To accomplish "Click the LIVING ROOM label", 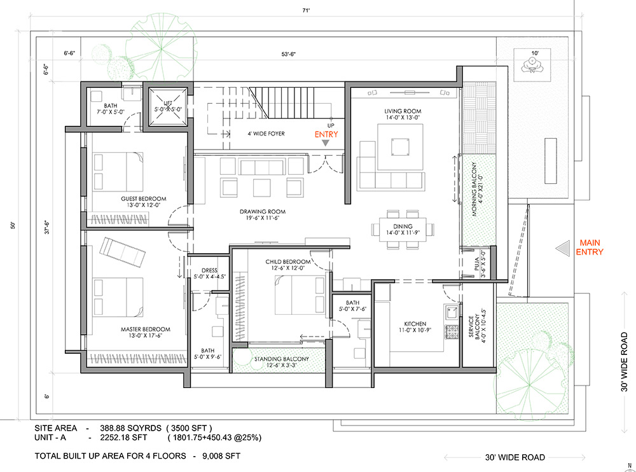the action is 403,111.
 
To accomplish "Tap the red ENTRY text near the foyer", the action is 326,134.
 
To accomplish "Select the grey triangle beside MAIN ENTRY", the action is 563,248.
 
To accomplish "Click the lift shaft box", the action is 168,106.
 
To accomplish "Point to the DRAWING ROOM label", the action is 263,211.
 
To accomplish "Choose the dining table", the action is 403,230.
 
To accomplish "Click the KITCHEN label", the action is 415,323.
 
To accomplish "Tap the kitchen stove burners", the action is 452,332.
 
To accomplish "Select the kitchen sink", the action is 452,312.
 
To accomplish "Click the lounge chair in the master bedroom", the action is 123,252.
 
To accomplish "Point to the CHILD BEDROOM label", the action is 288,262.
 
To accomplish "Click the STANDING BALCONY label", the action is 282,359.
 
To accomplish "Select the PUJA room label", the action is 476,263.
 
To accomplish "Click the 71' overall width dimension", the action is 306,11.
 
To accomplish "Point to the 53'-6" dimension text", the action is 288,54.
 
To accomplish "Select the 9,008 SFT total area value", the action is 221,455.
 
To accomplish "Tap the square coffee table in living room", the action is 400,147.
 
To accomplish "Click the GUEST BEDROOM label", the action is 144,198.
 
